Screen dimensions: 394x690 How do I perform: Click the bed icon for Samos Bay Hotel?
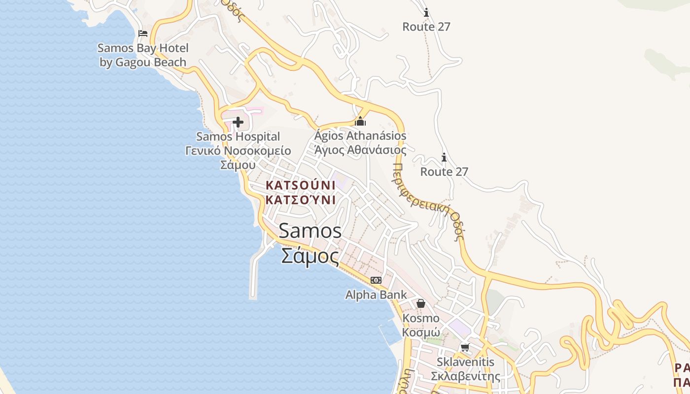[x=143, y=33]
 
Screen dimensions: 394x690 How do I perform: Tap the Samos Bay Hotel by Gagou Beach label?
[x=143, y=55]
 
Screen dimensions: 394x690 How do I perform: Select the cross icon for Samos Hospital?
[x=238, y=122]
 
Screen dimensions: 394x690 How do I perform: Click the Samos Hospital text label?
[x=238, y=136]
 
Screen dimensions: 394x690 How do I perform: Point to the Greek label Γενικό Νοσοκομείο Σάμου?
[x=238, y=158]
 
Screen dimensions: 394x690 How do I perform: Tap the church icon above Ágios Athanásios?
[x=360, y=121]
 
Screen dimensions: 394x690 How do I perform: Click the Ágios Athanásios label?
[x=361, y=135]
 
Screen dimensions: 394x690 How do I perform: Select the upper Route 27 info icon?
[x=426, y=12]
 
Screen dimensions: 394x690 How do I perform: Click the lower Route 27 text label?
[x=444, y=171]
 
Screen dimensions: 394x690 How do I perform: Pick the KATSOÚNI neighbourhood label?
[x=300, y=186]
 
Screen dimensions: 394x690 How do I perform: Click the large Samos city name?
[x=310, y=230]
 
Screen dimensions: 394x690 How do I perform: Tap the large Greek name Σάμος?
[x=310, y=256]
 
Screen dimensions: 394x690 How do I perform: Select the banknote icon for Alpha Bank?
[x=376, y=280]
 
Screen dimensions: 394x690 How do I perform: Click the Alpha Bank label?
[x=376, y=295]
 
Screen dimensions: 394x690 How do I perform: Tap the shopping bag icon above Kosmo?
[x=420, y=303]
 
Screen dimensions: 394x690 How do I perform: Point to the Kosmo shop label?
[x=421, y=318]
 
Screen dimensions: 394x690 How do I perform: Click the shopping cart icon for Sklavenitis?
[x=465, y=348]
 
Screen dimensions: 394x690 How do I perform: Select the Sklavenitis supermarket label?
[x=465, y=362]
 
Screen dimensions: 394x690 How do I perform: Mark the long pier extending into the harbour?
[x=253, y=276]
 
